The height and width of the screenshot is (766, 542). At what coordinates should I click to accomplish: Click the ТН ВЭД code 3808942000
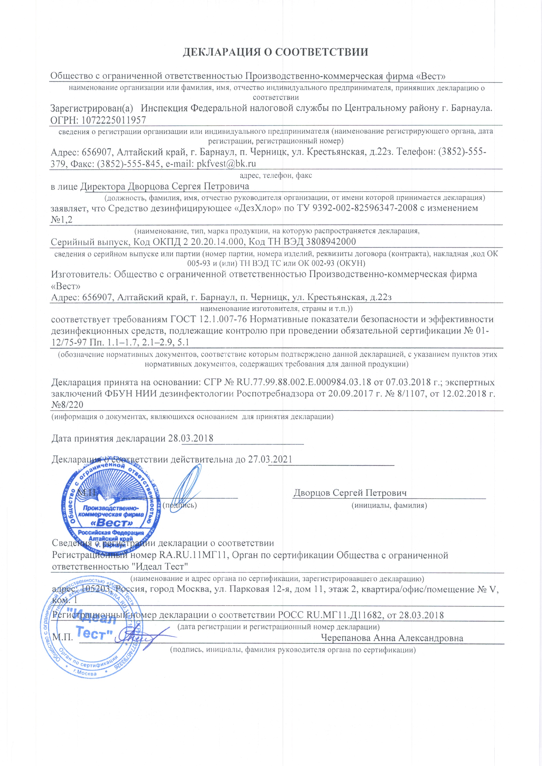tap(331, 241)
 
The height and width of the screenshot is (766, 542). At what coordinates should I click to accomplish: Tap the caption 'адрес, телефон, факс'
tap(276, 176)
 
